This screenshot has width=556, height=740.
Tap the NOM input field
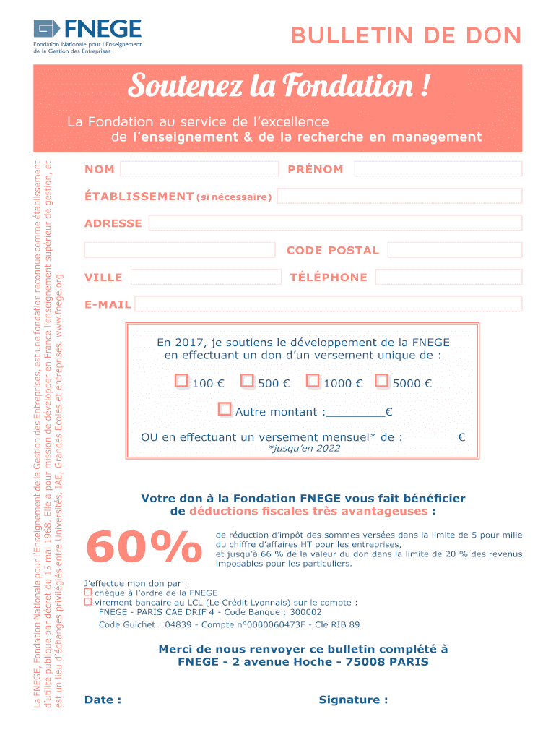click(x=199, y=169)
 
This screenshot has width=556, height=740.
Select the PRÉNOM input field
click(x=438, y=169)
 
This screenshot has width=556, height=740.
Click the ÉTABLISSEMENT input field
click(x=399, y=196)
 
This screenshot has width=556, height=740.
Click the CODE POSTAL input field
click(x=454, y=250)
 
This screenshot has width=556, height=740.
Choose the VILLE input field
click(x=206, y=277)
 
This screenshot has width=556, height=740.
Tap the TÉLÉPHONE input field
click(x=448, y=277)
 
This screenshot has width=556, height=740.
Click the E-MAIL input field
click(x=328, y=304)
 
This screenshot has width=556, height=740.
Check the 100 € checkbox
click(x=181, y=381)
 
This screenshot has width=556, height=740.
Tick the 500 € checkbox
click(x=247, y=381)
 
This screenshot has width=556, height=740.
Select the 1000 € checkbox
click(x=313, y=381)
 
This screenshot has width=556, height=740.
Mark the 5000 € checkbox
click(x=382, y=381)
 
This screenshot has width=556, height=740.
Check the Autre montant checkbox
click(x=225, y=410)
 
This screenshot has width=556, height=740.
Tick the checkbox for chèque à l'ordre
click(x=88, y=593)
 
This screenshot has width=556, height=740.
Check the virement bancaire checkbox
click(x=88, y=601)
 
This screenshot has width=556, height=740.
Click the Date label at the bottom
click(x=103, y=700)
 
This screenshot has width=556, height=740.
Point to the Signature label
click(x=353, y=700)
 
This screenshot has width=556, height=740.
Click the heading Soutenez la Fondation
click(x=279, y=87)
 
